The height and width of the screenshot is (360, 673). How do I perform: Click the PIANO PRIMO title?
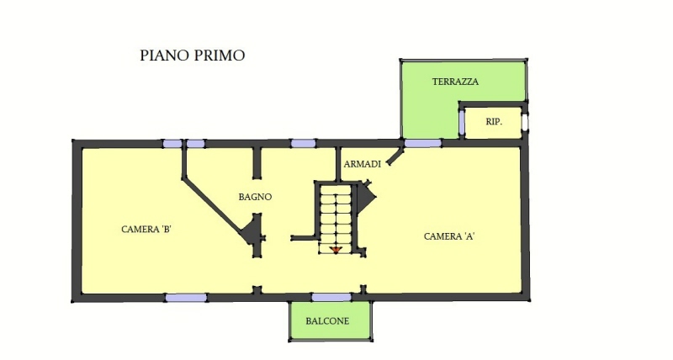click(193, 56)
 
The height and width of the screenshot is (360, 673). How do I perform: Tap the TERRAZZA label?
click(455, 82)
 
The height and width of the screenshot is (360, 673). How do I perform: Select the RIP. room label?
click(494, 122)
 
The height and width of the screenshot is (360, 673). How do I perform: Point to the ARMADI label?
click(363, 164)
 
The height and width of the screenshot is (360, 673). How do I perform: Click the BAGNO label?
click(255, 197)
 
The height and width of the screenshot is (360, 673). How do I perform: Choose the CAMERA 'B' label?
click(146, 229)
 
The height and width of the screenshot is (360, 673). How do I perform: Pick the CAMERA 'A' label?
click(449, 236)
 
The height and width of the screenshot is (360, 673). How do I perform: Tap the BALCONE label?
click(327, 321)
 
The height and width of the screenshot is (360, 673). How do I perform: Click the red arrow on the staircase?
click(335, 250)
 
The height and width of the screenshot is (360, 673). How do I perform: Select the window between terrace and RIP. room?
click(462, 122)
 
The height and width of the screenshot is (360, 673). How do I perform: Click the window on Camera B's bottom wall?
click(186, 298)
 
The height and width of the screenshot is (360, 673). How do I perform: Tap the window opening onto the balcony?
click(331, 298)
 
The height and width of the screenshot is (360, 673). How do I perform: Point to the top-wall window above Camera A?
click(423, 143)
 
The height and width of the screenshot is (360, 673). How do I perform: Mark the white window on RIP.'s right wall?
click(525, 121)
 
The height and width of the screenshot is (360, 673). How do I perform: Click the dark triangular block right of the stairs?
click(366, 197)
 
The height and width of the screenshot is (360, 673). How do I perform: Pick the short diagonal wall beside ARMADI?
click(395, 156)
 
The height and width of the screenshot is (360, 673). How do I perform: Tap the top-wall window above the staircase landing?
click(304, 143)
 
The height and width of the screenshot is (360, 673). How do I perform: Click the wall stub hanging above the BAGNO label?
click(257, 163)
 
